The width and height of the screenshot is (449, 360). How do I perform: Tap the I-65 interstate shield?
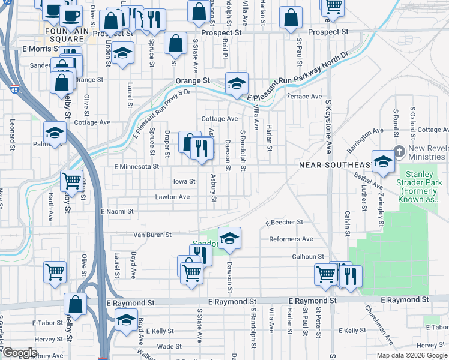[x=14, y=90]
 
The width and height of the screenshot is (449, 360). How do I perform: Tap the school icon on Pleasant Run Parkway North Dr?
[x=237, y=83]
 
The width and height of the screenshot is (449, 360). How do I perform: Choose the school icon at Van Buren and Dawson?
[x=229, y=238]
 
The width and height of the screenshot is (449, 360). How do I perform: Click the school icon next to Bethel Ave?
[x=382, y=161]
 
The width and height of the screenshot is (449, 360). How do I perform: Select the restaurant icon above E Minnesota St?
[x=202, y=148]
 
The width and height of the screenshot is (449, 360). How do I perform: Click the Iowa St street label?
[x=184, y=181]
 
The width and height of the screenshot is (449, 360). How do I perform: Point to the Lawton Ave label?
[x=172, y=197]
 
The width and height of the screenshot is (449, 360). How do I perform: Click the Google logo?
[x=20, y=353]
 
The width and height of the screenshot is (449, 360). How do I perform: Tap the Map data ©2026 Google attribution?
[x=411, y=355]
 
